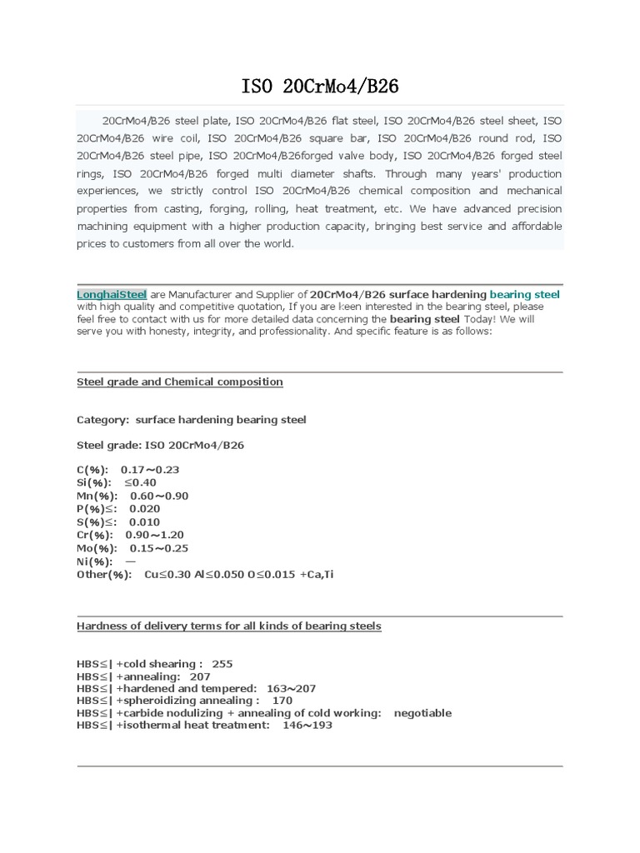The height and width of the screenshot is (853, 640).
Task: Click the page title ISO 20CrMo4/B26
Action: tap(319, 86)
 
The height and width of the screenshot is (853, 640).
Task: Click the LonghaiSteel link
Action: tap(112, 294)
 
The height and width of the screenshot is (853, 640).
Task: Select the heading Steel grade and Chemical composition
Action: tap(180, 382)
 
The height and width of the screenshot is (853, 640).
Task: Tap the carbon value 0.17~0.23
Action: tap(150, 470)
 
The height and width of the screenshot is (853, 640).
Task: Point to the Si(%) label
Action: tap(93, 482)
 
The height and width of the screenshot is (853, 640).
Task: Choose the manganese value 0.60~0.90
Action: tap(159, 496)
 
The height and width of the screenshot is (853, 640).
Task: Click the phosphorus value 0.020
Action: tap(144, 509)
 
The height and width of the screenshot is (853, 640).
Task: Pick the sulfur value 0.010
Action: tap(144, 522)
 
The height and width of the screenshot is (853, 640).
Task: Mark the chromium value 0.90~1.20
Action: tap(154, 535)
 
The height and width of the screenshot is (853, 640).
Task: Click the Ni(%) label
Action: tap(94, 561)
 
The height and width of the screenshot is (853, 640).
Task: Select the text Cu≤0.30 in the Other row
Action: tap(167, 575)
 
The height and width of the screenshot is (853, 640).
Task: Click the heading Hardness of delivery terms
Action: tap(229, 626)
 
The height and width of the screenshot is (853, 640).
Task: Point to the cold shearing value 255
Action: tap(222, 664)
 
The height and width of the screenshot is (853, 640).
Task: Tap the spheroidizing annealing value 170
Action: tap(282, 701)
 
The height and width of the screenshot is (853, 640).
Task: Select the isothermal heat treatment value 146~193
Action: tap(307, 726)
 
